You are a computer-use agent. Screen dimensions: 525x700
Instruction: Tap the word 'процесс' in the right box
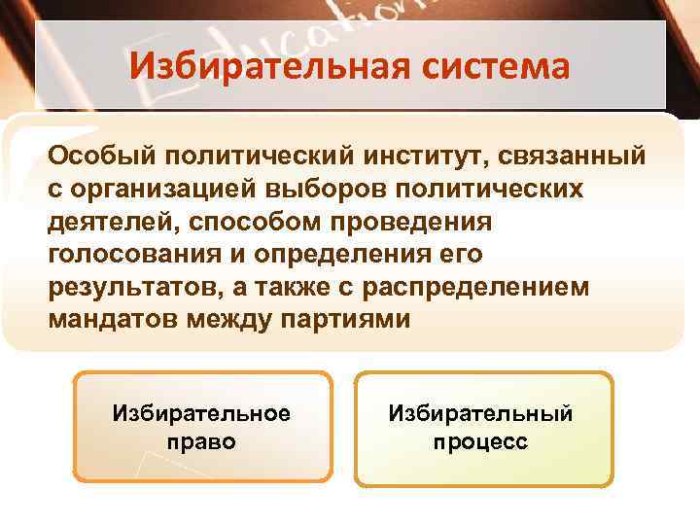(480, 442)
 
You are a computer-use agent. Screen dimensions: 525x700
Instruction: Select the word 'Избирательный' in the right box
(480, 415)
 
